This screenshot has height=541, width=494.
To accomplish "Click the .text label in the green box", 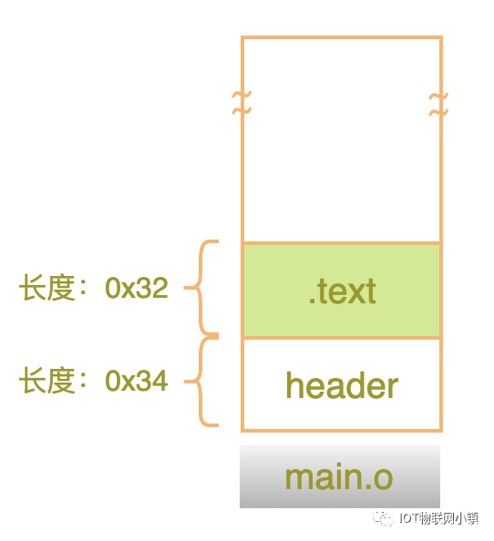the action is tap(342, 291).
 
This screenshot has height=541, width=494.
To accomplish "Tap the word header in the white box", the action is tap(342, 384).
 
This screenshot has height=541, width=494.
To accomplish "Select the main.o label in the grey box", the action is tap(339, 477).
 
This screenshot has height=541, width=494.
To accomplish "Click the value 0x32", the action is tap(137, 288).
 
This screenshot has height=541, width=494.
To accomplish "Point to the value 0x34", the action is tap(137, 381).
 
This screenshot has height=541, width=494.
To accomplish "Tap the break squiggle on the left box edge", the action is tap(242, 103).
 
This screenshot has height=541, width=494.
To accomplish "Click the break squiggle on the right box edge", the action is tap(438, 104).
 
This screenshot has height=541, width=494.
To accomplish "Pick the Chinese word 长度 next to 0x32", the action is tap(47, 288).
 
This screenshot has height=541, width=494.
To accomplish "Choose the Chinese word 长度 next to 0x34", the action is tap(47, 381).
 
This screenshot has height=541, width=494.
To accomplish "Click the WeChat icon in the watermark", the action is tap(383, 518).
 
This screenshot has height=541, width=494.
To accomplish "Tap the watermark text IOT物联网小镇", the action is tap(438, 518).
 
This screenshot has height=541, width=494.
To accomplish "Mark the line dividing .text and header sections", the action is tap(342, 337).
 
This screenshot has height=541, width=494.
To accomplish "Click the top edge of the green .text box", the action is tap(342, 243).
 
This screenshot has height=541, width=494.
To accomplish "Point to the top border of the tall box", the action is tap(342, 37).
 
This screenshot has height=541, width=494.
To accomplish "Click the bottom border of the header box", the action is tap(342, 430).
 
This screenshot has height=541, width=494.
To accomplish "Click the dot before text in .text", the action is tap(312, 301).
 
